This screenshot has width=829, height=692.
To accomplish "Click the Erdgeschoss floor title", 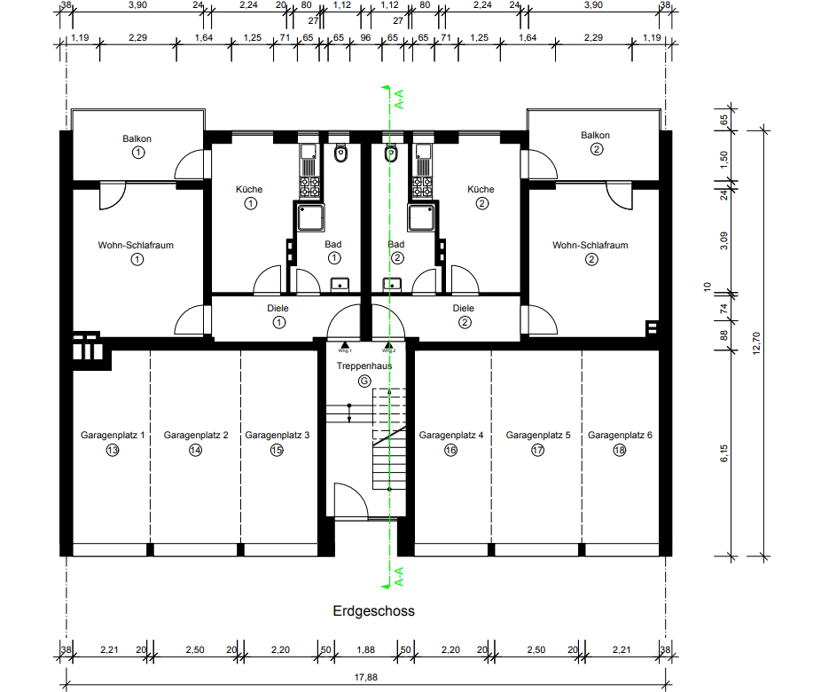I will coord(373,610).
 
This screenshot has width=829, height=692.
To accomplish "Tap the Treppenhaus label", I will coord(364,366).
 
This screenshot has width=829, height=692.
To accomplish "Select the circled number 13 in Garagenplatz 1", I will coord(113,451).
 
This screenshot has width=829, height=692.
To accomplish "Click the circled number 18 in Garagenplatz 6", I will coord(620,451).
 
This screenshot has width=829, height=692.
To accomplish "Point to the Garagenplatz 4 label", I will coord(451,436).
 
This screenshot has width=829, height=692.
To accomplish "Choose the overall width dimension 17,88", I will coord(366,679).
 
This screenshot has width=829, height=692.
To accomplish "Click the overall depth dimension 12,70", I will coord(756,341).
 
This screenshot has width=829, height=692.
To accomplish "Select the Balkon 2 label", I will coord(596,136).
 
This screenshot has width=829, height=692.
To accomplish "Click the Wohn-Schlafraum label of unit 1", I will coord(137,245).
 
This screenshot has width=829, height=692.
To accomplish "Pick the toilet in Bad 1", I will coord(340,154).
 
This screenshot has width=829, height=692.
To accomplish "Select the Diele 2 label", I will coord(464,308).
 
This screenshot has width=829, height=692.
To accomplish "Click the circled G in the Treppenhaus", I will coord(364,381).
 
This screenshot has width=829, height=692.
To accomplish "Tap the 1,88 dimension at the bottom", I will coord(365,650).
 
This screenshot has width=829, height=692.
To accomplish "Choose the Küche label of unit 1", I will coord(249,189).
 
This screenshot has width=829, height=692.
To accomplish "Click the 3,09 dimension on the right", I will coord(723,240).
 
